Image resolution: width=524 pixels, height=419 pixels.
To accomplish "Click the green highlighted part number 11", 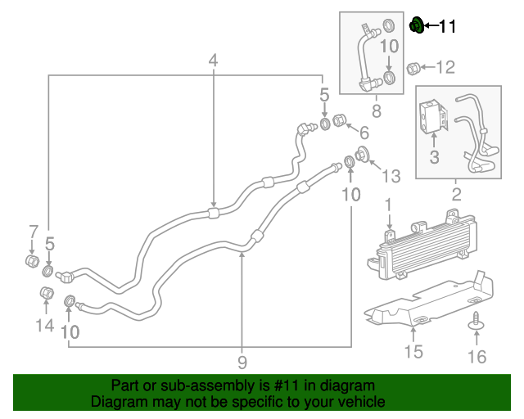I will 416,26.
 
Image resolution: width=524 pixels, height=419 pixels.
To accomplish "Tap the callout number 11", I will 448,27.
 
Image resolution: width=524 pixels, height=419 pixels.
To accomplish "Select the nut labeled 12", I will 415,67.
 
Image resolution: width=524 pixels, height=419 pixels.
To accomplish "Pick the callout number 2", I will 456,194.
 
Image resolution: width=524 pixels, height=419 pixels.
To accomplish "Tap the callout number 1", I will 390,204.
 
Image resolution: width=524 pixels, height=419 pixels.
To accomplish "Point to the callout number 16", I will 476,356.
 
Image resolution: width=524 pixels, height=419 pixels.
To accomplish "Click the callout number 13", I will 391,176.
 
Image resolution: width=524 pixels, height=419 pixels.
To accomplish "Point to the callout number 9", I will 242,362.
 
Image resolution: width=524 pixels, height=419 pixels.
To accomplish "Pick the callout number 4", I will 214,61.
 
